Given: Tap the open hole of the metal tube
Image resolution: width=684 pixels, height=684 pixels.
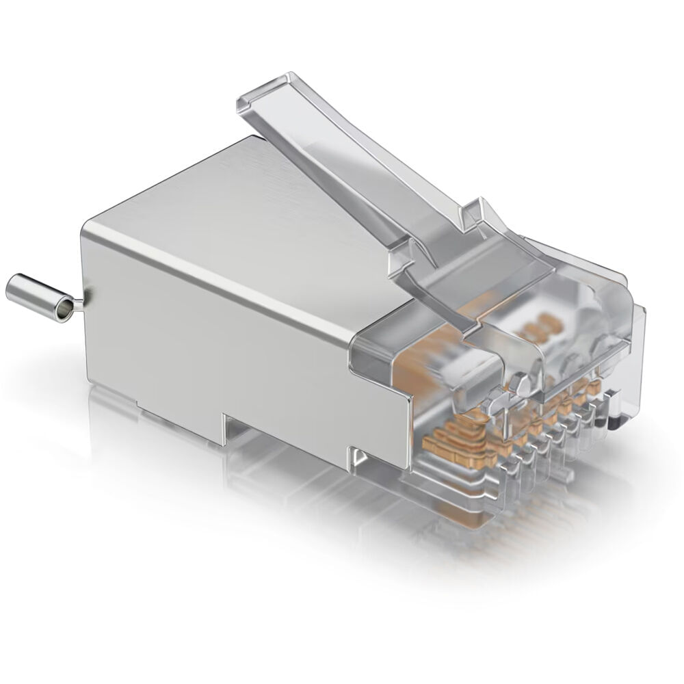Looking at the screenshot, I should (63, 311).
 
